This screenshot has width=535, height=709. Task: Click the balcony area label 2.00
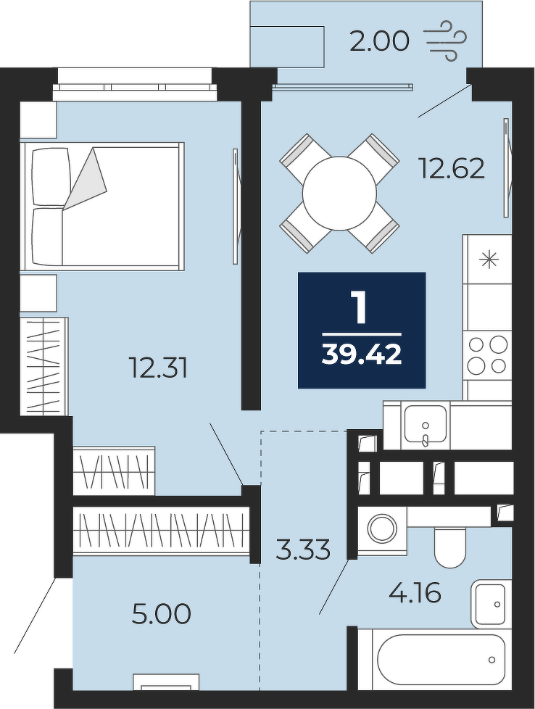pos(379,41)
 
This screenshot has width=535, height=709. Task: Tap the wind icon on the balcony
pos(446,41)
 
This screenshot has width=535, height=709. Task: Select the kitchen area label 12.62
pos(452,169)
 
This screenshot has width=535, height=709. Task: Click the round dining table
pos(339,193)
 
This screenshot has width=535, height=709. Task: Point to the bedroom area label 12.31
pos(158,368)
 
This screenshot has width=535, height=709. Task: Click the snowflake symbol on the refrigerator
pos(489,260)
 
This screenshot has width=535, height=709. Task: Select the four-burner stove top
pos(487,356)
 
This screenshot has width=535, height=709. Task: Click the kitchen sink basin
pos(425,423)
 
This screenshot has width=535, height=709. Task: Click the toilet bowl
pos(449,546)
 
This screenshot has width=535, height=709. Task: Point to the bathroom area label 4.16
pos(415,593)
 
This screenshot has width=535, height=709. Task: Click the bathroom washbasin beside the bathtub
pos(492,604)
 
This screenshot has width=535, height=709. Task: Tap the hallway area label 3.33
pos(303,550)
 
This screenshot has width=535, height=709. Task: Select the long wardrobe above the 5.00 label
pos(162,531)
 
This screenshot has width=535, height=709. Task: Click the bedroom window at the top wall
pos(135,84)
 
